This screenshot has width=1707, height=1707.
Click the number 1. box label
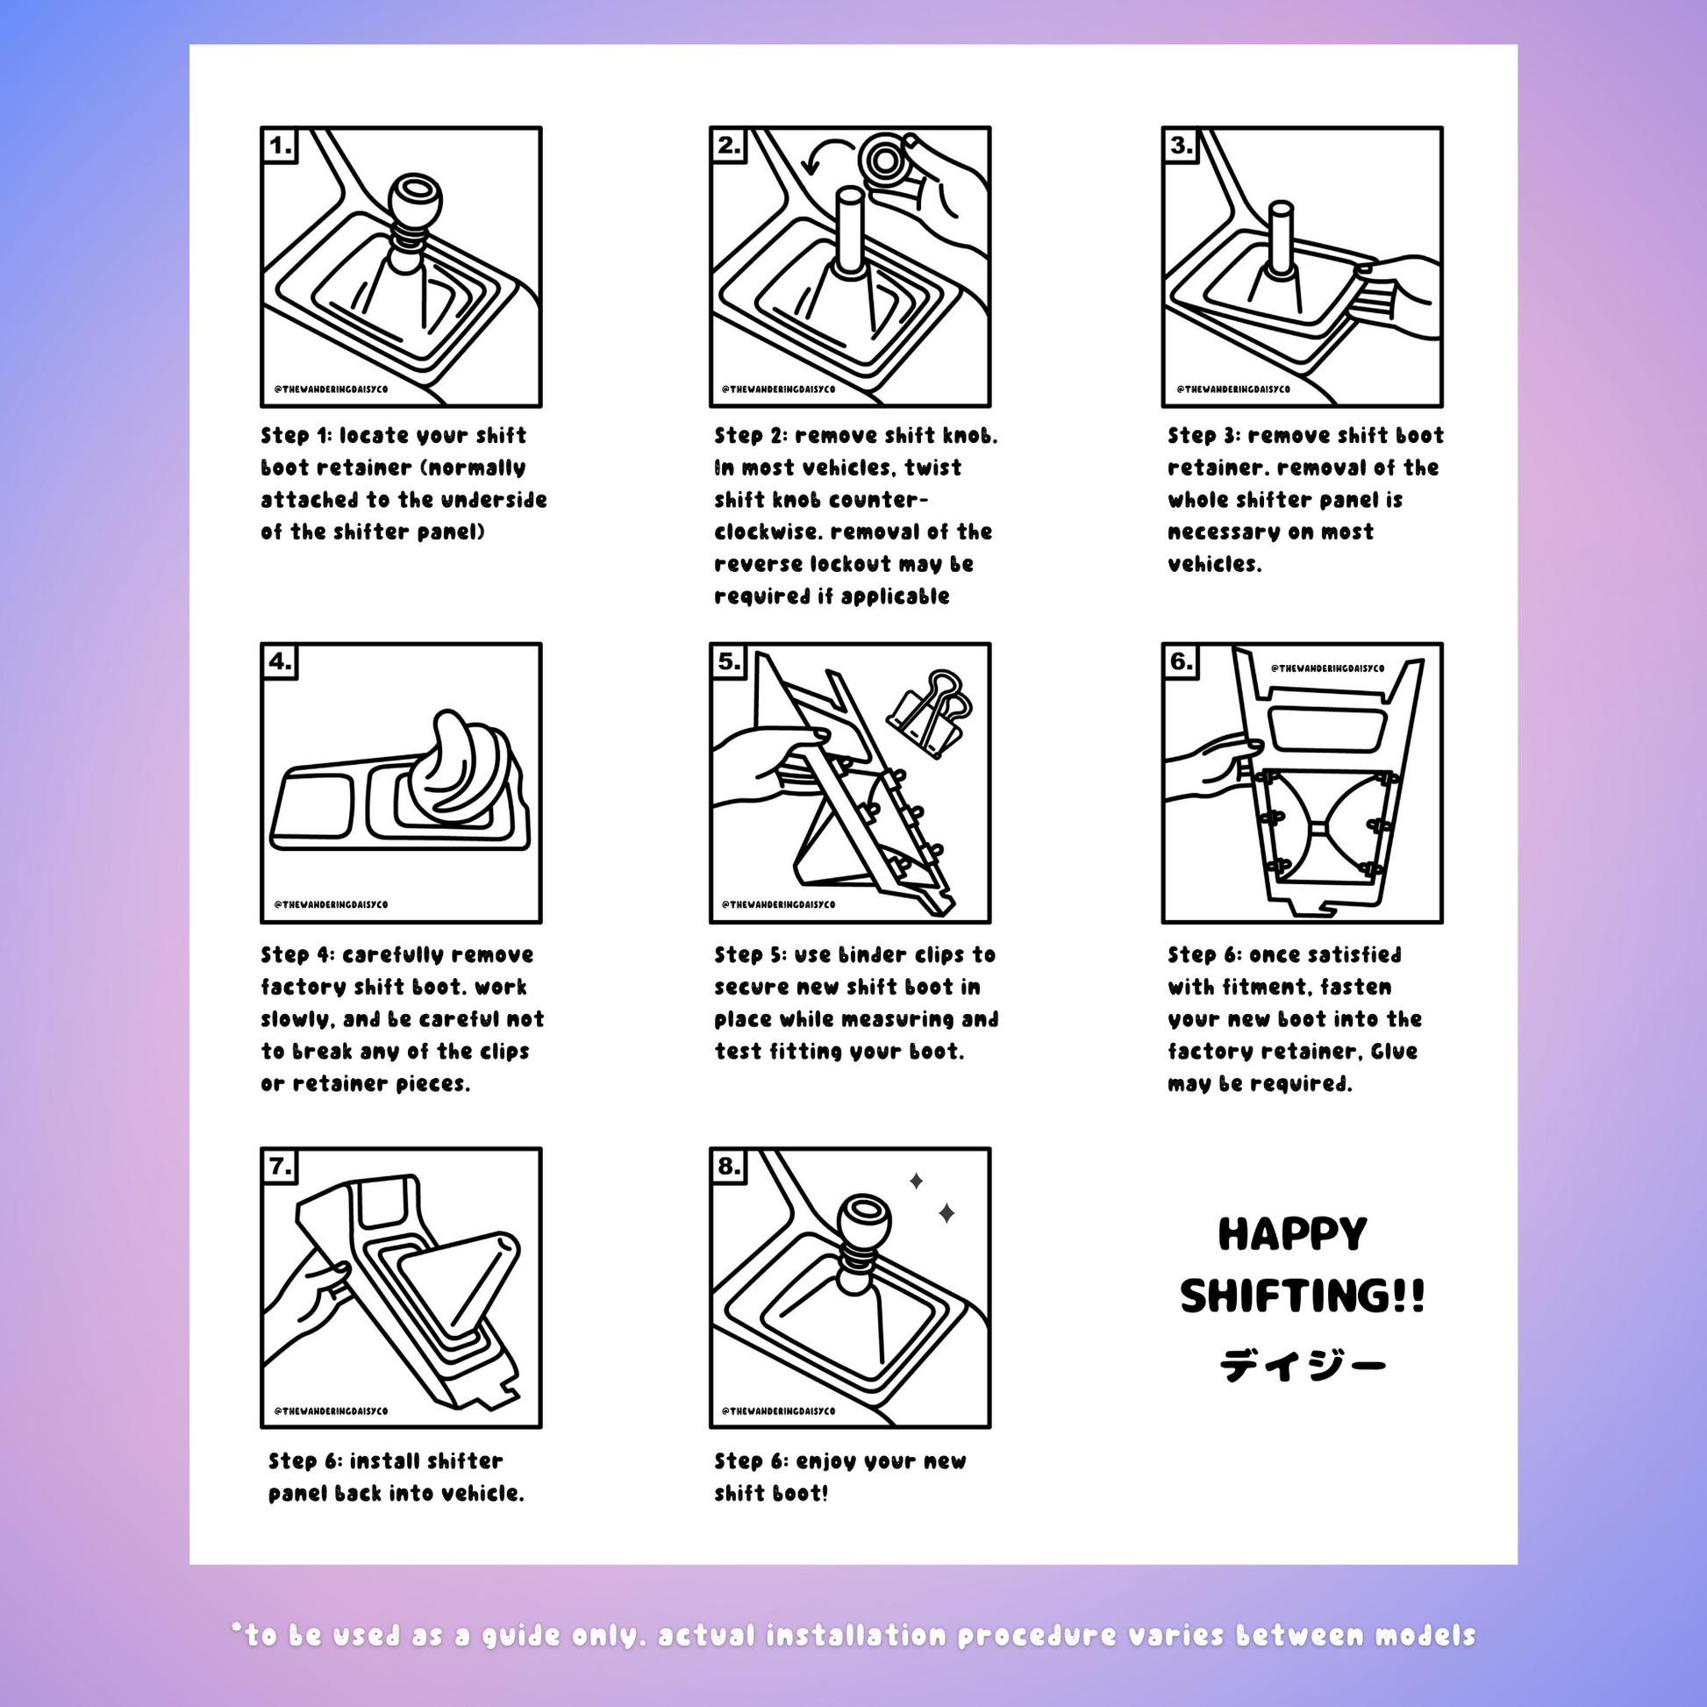(x=281, y=146)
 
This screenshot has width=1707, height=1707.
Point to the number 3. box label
(x=1182, y=146)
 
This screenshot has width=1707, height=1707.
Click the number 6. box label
(x=1182, y=661)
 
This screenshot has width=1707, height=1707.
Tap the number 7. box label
(x=281, y=1168)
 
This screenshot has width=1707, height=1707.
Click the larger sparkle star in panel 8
(x=946, y=1213)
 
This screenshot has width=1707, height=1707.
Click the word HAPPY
(x=1293, y=1234)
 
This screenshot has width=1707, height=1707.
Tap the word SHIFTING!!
(x=1303, y=1296)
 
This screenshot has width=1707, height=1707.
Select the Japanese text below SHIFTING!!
(x=1303, y=1366)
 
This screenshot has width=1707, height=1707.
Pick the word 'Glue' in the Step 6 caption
(x=1394, y=1052)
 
